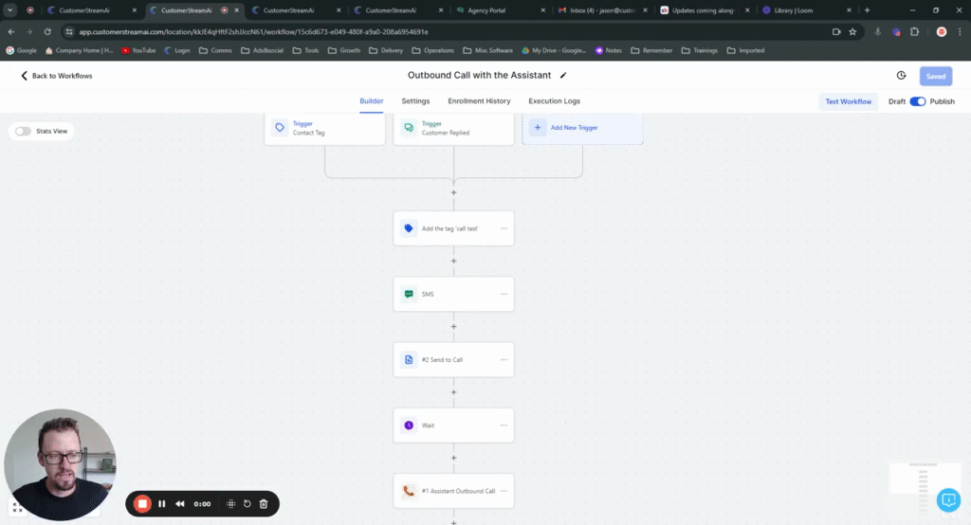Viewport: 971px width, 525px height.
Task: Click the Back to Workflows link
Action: [57, 76]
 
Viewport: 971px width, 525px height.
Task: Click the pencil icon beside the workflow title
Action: [563, 75]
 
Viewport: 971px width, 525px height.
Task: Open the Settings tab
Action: [415, 101]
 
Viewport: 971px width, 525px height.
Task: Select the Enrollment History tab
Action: [479, 101]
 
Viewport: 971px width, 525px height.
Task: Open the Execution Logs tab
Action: [554, 101]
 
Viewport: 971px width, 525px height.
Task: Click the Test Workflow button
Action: [848, 101]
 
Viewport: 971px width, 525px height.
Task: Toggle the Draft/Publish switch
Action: [917, 101]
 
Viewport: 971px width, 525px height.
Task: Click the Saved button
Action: [935, 76]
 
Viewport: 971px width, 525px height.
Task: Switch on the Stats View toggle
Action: [23, 131]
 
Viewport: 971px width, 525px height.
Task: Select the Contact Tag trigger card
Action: [324, 128]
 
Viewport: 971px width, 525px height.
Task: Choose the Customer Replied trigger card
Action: [453, 128]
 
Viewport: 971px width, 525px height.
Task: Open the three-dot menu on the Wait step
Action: [504, 425]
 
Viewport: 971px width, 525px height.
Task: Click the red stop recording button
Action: [142, 504]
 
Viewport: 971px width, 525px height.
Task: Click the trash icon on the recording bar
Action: [264, 504]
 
